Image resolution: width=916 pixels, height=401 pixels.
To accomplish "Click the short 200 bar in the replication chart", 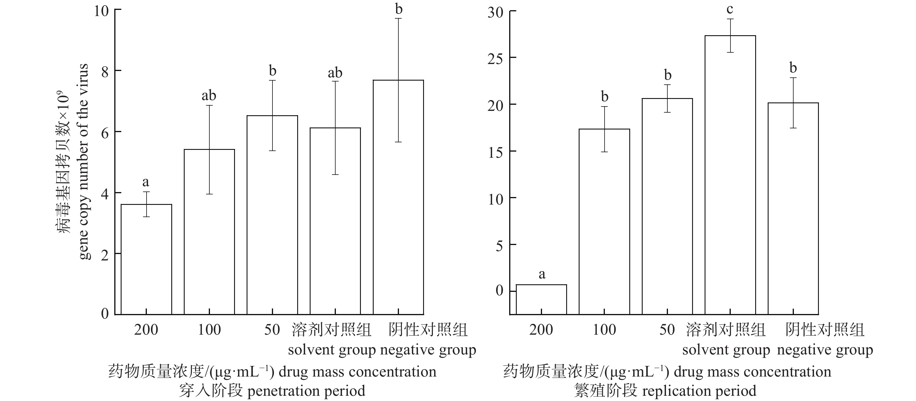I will pos(541,299).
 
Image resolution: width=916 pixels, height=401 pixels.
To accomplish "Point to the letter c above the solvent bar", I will pos(730,9).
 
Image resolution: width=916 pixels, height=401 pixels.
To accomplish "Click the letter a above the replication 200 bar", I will pos(541,274).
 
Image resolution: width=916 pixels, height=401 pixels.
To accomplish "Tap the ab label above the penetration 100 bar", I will pos(209,95).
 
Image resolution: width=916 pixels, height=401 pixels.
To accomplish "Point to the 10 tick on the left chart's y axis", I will pos(101,11).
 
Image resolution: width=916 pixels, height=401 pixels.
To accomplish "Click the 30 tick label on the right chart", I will pos(495,13).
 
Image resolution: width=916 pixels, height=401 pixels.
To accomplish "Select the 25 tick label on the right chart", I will pos(495,59).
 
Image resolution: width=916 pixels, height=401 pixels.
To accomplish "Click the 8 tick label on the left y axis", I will pos(105,72).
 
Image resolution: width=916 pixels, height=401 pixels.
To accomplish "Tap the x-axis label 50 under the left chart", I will pos(272,329).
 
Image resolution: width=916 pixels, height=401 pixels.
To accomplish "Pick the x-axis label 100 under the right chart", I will pos(604,329).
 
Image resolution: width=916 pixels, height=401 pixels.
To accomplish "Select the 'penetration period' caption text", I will pos(306,391).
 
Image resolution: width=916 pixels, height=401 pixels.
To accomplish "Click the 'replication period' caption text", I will pos(699,391).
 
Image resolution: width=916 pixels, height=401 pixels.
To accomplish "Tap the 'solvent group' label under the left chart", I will pos(332,350).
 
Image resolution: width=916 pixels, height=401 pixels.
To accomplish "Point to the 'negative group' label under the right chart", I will pos(825,350).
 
